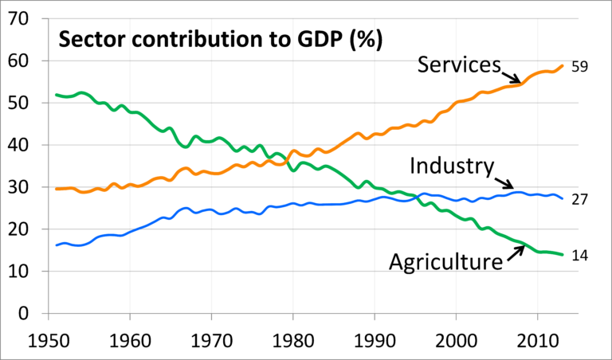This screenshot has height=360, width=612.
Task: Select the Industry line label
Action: point(451,166)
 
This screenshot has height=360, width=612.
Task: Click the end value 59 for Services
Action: point(579,67)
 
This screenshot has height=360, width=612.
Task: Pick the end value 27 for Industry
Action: point(579,199)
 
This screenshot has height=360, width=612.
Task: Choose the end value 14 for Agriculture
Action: point(579,255)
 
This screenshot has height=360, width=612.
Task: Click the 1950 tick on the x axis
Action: point(47,338)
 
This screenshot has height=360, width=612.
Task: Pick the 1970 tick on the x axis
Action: point(210,338)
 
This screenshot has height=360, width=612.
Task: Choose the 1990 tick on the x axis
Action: point(374,338)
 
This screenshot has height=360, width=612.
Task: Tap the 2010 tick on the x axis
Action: point(537,338)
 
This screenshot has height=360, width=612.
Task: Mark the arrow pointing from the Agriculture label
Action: point(514,253)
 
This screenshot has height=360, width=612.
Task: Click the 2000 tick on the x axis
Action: point(456,338)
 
